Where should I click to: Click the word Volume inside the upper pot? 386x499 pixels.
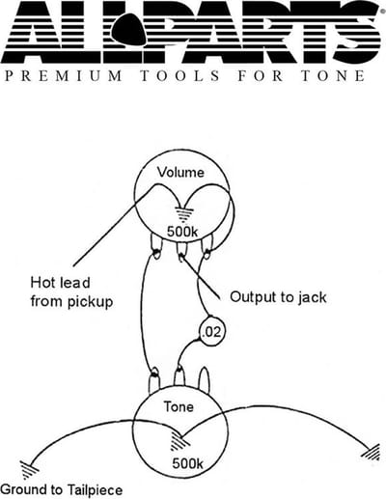(x=180, y=172)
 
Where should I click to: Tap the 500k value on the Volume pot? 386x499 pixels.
(x=182, y=231)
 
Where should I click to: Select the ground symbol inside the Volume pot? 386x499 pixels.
(x=184, y=215)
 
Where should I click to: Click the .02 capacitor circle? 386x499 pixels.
(x=211, y=332)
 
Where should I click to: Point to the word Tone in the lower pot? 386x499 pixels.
(x=179, y=406)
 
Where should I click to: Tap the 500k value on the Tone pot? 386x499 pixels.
(x=187, y=463)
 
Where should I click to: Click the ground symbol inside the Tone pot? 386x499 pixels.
(x=179, y=441)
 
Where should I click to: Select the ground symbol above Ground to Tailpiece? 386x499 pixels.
(x=29, y=469)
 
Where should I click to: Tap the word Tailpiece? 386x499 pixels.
(x=96, y=490)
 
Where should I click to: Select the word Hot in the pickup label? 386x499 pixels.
(x=41, y=283)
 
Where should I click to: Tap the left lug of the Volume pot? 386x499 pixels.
(x=156, y=246)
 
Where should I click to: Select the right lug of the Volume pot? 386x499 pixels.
(x=207, y=246)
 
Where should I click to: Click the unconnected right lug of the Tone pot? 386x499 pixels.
(x=205, y=379)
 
